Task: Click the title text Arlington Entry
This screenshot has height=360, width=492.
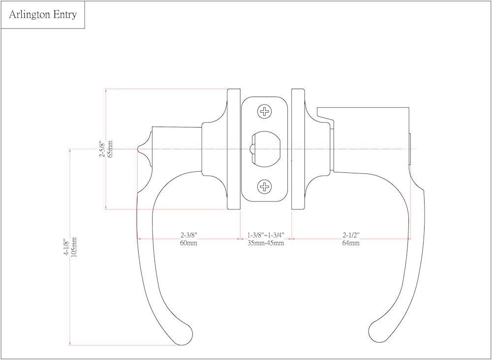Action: pyautogui.click(x=43, y=15)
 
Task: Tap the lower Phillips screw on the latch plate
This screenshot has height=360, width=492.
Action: pyautogui.click(x=265, y=186)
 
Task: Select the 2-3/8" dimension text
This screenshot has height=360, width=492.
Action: pyautogui.click(x=189, y=235)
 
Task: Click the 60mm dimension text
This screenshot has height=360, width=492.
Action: pyautogui.click(x=189, y=243)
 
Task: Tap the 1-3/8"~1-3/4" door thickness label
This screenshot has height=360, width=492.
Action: pyautogui.click(x=266, y=235)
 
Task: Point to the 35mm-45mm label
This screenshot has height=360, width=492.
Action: pyautogui.click(x=266, y=243)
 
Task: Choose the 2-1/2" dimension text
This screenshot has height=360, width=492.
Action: pyautogui.click(x=351, y=235)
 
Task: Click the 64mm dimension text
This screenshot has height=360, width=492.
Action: pyautogui.click(x=351, y=243)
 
